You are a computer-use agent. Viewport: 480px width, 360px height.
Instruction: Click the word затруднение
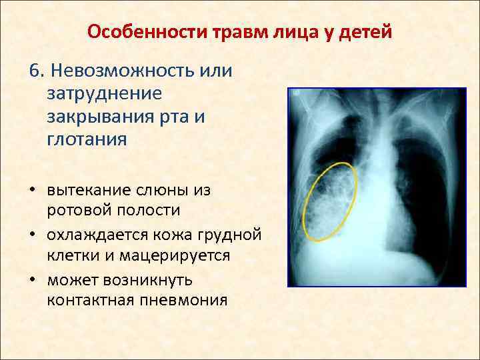tap(104, 94)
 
